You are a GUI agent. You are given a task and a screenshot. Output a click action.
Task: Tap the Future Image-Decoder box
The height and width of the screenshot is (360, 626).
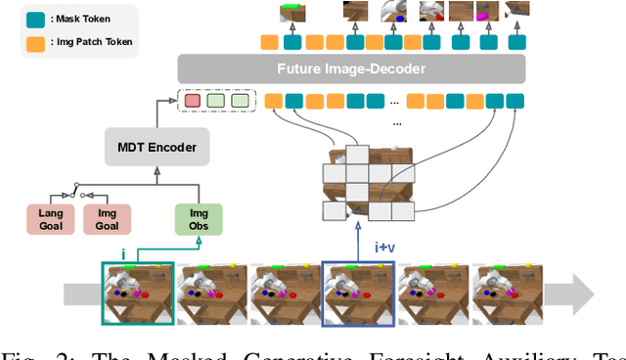click(x=351, y=69)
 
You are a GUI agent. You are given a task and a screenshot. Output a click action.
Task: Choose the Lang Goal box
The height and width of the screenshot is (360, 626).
click(x=50, y=220)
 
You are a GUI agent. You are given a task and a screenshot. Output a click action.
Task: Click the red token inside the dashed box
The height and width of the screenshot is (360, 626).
click(x=192, y=100)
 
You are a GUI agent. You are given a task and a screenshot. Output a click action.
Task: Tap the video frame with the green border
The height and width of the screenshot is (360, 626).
click(x=138, y=291)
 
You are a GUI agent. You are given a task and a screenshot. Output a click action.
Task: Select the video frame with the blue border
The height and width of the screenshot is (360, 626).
click(x=360, y=291)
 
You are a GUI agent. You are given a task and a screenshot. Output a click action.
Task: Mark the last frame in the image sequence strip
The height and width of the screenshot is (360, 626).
click(x=508, y=291)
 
